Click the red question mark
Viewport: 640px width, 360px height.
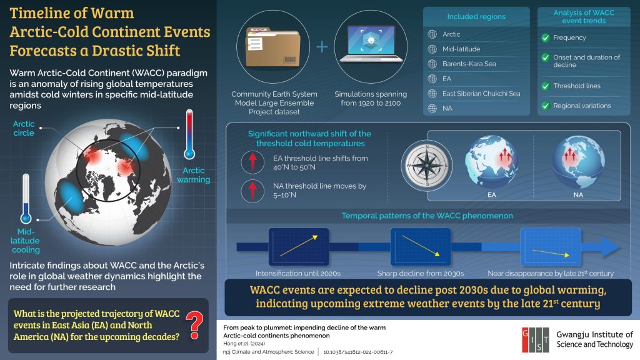pyautogui.click(x=194, y=325)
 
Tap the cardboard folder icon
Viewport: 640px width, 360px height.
pyautogui.click(x=272, y=46)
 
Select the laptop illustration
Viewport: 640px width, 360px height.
pyautogui.click(x=371, y=43)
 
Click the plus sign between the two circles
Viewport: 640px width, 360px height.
pyautogui.click(x=322, y=46)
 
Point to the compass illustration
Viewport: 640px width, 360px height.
pyautogui.click(x=426, y=165)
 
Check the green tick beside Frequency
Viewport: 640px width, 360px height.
pyautogui.click(x=545, y=38)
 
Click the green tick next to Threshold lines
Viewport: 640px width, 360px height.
pyautogui.click(x=545, y=86)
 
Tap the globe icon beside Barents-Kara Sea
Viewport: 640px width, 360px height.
pyautogui.click(x=432, y=64)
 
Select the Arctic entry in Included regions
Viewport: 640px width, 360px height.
pyautogui.click(x=451, y=34)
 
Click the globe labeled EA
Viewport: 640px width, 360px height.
pyautogui.click(x=491, y=162)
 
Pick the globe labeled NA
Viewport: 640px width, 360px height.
pyautogui.click(x=578, y=162)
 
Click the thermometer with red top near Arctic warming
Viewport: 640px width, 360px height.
pyautogui.click(x=189, y=134)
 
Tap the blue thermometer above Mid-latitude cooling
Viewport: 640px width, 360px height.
pyautogui.click(x=26, y=199)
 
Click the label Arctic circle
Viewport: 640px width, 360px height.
pyautogui.click(x=24, y=128)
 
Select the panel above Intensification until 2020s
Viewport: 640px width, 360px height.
pyautogui.click(x=299, y=246)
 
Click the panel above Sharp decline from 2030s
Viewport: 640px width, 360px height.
pyautogui.click(x=421, y=246)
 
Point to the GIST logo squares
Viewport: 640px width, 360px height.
pyautogui.click(x=535, y=339)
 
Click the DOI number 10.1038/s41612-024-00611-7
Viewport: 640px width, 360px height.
pyautogui.click(x=358, y=352)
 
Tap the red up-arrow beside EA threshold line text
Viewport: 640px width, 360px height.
pyautogui.click(x=252, y=162)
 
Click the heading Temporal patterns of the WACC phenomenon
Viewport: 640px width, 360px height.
pyautogui.click(x=427, y=216)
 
